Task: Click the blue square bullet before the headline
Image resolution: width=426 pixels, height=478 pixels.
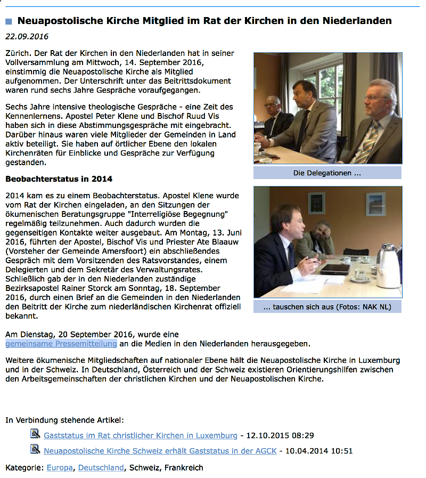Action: [9, 22]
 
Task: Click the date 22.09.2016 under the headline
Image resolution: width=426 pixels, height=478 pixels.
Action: [27, 37]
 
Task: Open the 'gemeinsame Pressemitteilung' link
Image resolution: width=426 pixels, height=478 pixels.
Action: [61, 344]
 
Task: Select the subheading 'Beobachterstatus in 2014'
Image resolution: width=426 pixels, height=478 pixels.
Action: [59, 179]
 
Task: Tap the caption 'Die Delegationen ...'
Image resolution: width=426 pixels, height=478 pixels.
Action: [327, 173]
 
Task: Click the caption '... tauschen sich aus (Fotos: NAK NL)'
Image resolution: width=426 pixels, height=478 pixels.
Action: [327, 307]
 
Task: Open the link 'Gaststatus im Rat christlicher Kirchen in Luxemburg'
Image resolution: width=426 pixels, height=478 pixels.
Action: [141, 435]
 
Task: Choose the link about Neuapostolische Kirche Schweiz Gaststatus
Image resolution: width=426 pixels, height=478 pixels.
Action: [160, 451]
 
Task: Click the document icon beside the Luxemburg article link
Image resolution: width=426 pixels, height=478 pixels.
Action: [36, 434]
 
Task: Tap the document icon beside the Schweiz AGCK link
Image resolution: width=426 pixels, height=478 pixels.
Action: [36, 450]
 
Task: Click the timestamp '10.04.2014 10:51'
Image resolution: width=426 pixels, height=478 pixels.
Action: [319, 451]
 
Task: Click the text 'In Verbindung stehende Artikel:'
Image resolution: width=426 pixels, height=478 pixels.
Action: [64, 420]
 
